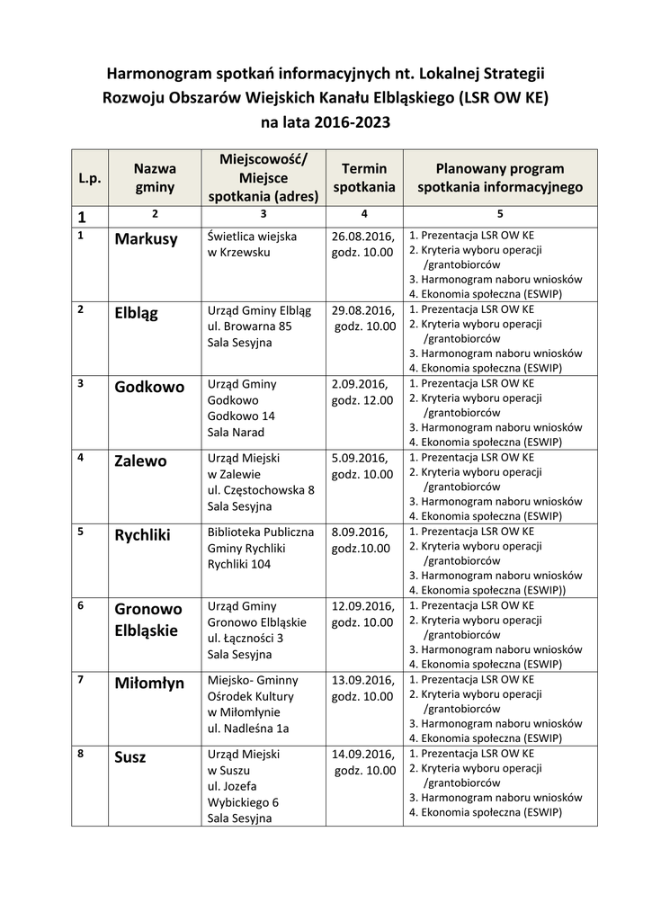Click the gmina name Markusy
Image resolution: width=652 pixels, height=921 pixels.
tap(146, 239)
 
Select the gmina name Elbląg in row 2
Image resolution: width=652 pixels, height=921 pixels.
tap(137, 314)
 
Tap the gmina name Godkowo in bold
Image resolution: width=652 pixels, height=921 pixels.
tap(149, 388)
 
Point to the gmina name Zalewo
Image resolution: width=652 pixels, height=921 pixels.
tap(140, 461)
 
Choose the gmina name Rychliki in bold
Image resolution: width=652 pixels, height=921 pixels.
tap(142, 535)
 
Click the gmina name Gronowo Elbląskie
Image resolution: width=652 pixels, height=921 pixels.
tap(147, 620)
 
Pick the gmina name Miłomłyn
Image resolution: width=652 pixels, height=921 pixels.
tap(149, 684)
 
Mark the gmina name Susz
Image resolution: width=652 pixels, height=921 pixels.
tap(130, 757)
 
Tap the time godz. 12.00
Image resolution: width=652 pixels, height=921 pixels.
tap(362, 400)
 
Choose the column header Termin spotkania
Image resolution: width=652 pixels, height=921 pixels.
tap(364, 178)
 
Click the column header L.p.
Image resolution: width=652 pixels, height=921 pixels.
tap(89, 178)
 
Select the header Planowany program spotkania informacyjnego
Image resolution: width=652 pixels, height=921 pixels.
tap(499, 178)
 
